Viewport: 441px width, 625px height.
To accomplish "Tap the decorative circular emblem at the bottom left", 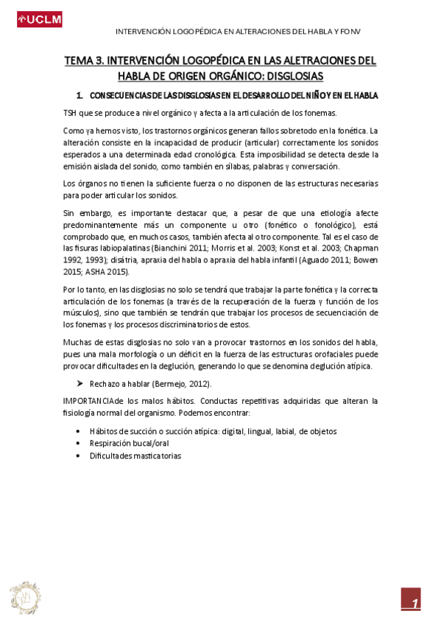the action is (x=25, y=596).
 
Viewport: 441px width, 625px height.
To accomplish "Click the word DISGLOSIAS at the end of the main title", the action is (x=289, y=76).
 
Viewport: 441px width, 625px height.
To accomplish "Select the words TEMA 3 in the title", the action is (x=83, y=60).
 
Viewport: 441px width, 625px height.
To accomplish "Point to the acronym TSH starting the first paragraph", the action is (x=71, y=114).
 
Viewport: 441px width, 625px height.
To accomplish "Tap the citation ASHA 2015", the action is (x=108, y=272).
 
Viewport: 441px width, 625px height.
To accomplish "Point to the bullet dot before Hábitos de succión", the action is (x=80, y=431).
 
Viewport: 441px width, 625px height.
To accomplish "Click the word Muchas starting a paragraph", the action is (x=77, y=343).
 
